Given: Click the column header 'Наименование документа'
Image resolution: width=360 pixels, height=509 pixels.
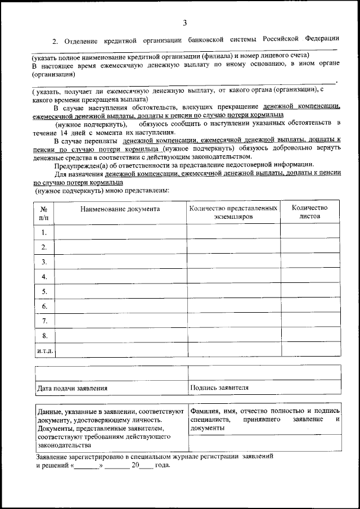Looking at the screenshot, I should [x=120, y=209].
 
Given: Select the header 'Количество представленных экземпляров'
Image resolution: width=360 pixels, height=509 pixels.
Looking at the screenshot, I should [x=233, y=211].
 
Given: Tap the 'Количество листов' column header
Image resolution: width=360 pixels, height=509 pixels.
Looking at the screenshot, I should [x=309, y=211].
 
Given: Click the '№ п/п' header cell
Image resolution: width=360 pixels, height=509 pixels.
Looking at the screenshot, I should [x=44, y=211].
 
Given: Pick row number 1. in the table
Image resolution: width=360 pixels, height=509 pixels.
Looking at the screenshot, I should [x=44, y=232].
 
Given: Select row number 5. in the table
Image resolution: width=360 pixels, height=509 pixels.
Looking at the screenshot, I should [x=44, y=291].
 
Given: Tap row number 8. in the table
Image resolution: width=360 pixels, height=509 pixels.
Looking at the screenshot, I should [x=44, y=335].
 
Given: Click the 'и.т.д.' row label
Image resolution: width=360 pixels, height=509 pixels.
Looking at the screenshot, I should [x=44, y=350].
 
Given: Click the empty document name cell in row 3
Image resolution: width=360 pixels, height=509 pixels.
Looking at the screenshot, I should [x=120, y=262].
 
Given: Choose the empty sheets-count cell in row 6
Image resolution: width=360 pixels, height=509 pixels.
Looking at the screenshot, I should [x=309, y=305].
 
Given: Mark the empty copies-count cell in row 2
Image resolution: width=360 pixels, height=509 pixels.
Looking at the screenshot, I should [x=233, y=246].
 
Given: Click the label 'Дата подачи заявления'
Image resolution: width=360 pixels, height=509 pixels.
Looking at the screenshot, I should [x=72, y=388].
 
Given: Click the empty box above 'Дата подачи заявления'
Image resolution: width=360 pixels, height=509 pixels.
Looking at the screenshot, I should [x=111, y=373].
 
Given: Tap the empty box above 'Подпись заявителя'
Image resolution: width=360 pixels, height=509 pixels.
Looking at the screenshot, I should [x=264, y=373].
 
